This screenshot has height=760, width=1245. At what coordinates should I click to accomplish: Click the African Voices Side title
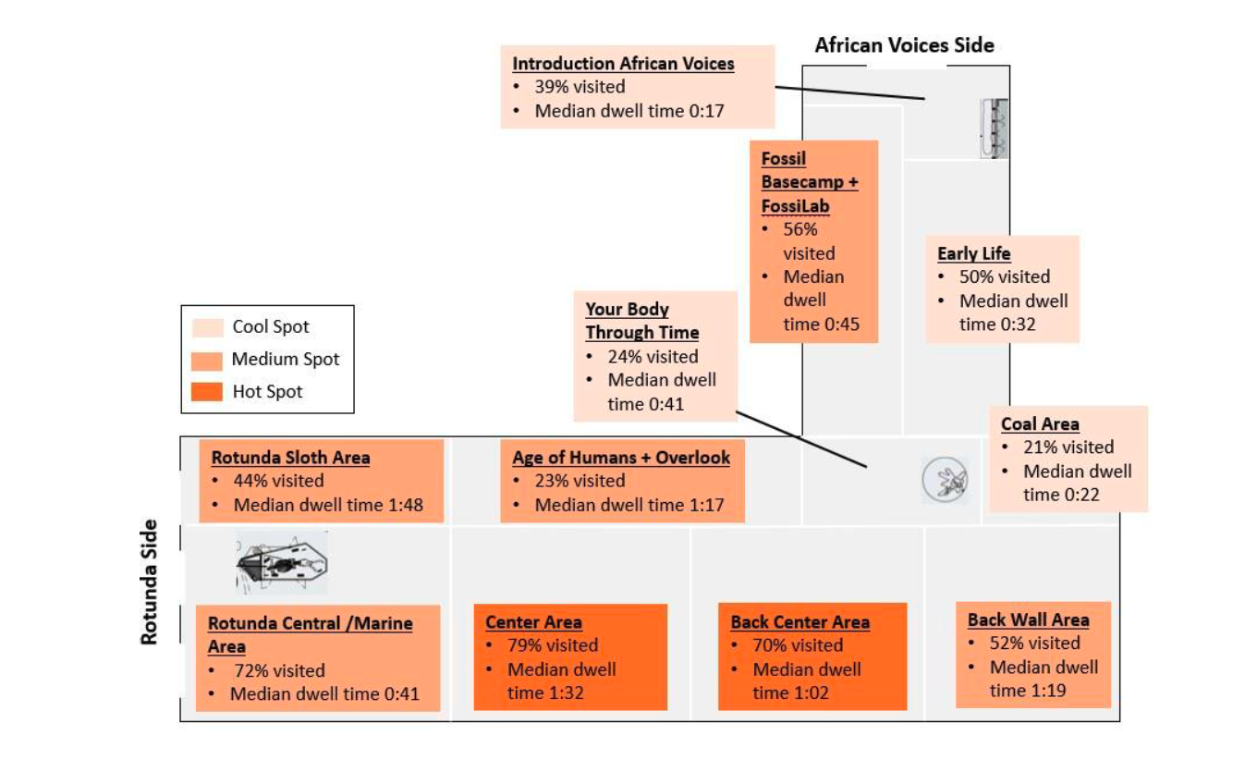coord(904,44)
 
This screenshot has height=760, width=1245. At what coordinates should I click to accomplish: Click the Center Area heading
coord(533,622)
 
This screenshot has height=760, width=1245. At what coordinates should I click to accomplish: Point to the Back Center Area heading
coord(799,622)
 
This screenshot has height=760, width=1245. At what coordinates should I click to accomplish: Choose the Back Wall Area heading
coord(1028,619)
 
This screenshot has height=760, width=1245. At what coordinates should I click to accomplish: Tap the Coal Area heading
coord(1040,424)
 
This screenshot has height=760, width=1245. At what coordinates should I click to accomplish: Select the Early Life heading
coord(973,253)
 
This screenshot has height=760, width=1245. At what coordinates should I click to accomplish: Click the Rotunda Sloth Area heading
coord(290,458)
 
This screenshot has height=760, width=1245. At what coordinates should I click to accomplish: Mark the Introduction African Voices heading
coord(623,64)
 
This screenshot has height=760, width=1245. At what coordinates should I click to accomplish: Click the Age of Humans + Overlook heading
coord(621,458)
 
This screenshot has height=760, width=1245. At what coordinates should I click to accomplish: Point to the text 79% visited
coord(552,645)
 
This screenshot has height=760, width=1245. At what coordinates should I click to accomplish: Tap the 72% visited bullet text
coord(277,670)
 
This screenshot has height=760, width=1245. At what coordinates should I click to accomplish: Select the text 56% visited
coord(799,240)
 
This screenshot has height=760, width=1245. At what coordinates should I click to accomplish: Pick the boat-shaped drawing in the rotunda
coord(282,562)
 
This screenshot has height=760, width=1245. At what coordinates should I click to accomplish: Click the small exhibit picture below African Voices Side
coord(994,129)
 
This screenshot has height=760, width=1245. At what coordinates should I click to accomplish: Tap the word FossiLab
coord(795,206)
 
